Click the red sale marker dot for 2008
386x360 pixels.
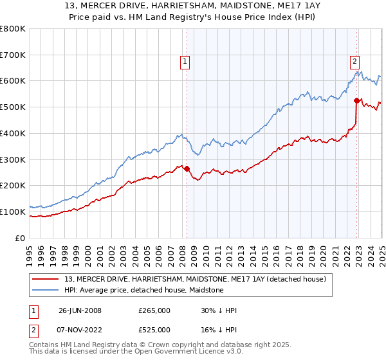click(187, 169)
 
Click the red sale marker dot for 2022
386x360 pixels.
click(356, 100)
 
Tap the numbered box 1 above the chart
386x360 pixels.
click(185, 62)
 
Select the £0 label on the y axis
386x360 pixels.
click(19, 238)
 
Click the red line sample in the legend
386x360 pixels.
click(46, 279)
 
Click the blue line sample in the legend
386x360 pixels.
click(46, 291)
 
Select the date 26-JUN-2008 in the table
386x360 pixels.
click(80, 310)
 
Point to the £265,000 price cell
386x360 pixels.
click(154, 310)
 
